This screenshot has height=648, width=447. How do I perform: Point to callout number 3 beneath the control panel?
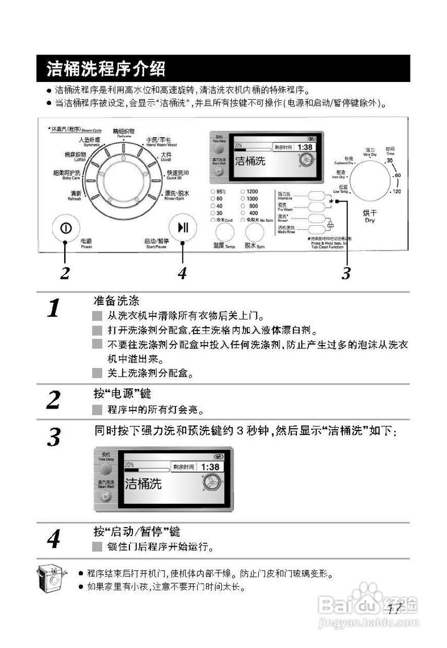(x=345, y=273)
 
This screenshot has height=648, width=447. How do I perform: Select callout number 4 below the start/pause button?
(x=183, y=273)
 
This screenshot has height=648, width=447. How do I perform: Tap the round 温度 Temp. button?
(x=225, y=233)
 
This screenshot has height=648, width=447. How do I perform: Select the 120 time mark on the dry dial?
(x=396, y=191)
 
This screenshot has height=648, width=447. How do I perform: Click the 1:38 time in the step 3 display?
(x=210, y=467)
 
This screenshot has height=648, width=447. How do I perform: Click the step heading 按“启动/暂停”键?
(x=137, y=532)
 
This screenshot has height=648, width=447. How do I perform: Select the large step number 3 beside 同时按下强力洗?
(x=55, y=437)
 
